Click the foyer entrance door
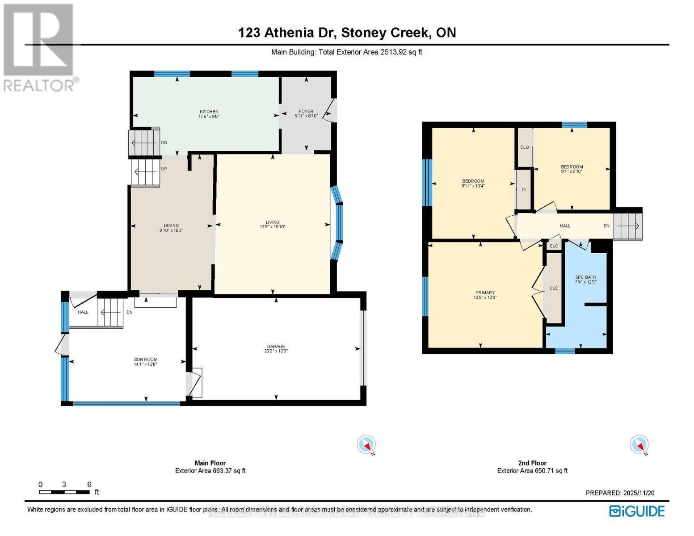pyautogui.click(x=330, y=110)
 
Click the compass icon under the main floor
pyautogui.click(x=366, y=445)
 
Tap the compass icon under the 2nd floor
pyautogui.click(x=639, y=445)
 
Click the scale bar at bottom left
pyautogui.click(x=64, y=492)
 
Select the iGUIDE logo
pyautogui.click(x=637, y=511)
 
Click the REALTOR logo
pyautogui.click(x=39, y=47)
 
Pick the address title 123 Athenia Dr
pyautogui.click(x=347, y=33)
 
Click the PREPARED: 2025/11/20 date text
pyautogui.click(x=620, y=493)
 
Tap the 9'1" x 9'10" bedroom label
pyautogui.click(x=572, y=169)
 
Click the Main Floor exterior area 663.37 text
pyautogui.click(x=210, y=470)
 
